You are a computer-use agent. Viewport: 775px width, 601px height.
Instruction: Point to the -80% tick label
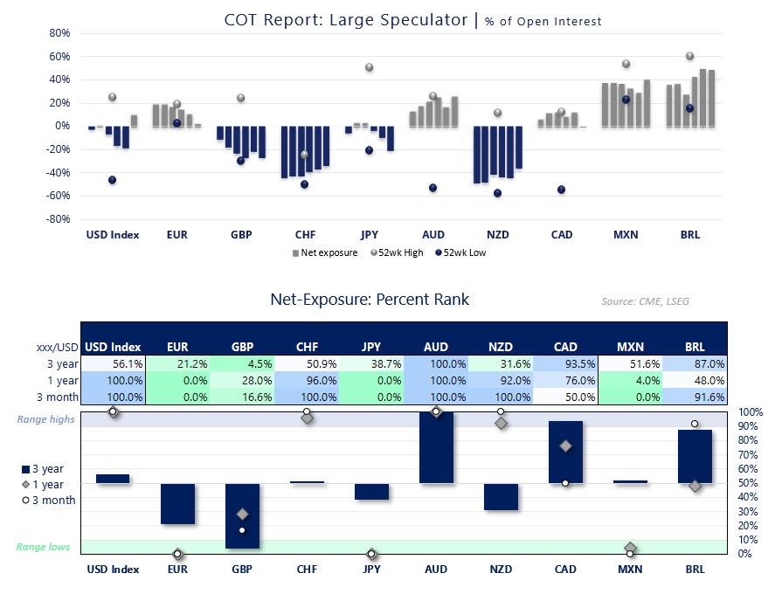(x=58, y=219)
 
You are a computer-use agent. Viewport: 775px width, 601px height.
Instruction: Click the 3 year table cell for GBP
(x=242, y=363)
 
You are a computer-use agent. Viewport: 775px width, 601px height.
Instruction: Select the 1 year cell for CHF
(x=307, y=380)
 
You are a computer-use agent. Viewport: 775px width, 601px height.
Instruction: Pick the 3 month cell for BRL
(x=695, y=397)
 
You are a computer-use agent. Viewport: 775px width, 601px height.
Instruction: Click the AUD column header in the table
(x=436, y=347)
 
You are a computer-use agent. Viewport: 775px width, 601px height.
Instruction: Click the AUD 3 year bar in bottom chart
(x=436, y=447)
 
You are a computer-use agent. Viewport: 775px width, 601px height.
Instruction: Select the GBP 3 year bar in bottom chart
(x=242, y=515)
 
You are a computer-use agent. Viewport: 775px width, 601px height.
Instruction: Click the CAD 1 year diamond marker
(x=565, y=446)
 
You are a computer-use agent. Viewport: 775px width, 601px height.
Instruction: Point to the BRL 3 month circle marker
(x=695, y=424)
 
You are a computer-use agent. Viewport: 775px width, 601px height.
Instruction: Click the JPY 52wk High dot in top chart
(x=369, y=67)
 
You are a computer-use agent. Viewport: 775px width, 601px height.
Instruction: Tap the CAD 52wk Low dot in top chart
(x=561, y=190)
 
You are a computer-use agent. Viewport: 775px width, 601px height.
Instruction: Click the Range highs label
(x=45, y=419)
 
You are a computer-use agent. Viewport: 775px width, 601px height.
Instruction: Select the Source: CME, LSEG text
(x=650, y=301)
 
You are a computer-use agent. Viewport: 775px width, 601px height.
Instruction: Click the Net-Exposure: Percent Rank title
(x=370, y=300)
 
